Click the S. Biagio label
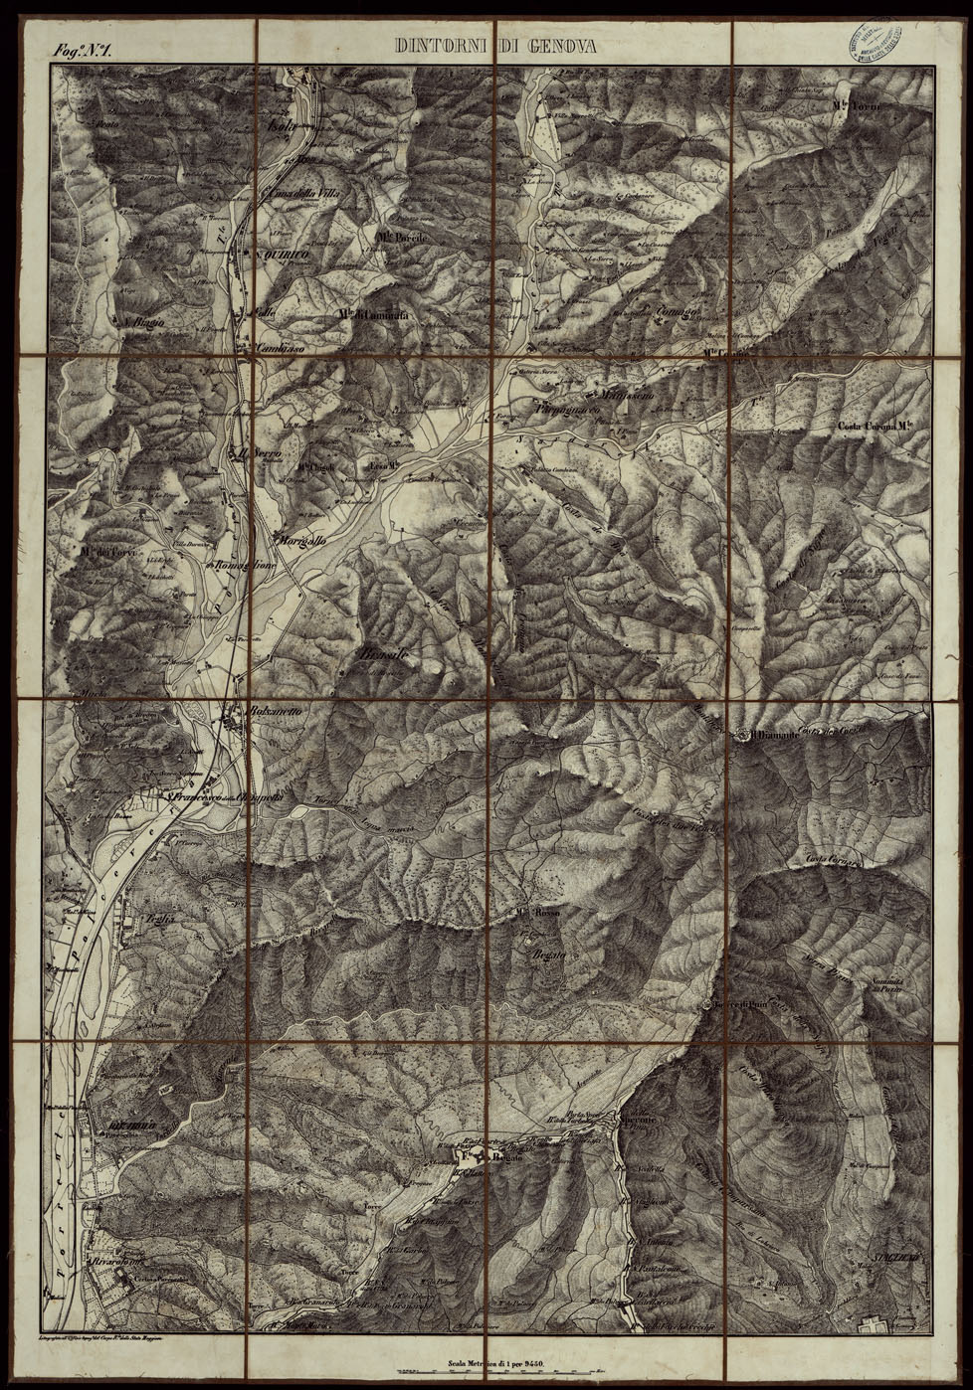(x=142, y=320)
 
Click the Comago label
(x=677, y=315)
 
